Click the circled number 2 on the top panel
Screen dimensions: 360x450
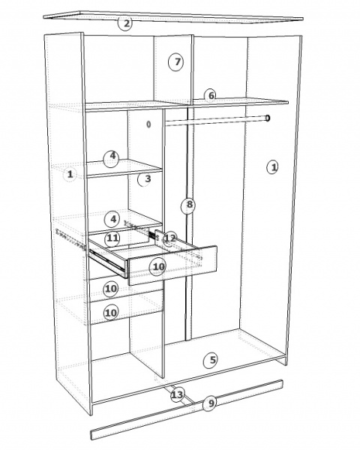pyautogui.click(x=125, y=23)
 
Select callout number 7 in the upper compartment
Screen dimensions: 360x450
pyautogui.click(x=176, y=62)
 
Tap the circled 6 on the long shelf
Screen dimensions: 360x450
pyautogui.click(x=211, y=96)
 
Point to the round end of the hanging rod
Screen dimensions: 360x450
pyautogui.click(x=268, y=118)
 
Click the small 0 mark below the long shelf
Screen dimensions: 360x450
pyautogui.click(x=148, y=124)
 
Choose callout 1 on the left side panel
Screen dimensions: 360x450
pyautogui.click(x=70, y=174)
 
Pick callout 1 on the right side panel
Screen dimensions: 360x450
pyautogui.click(x=273, y=167)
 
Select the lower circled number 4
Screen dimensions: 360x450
pyautogui.click(x=113, y=220)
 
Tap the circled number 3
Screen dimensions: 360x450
pyautogui.click(x=145, y=179)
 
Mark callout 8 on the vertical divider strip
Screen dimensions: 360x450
pyautogui.click(x=188, y=205)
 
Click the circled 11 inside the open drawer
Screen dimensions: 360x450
pyautogui.click(x=112, y=238)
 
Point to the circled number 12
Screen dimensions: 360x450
pyautogui.click(x=170, y=238)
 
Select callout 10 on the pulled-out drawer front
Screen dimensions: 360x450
pyautogui.click(x=157, y=268)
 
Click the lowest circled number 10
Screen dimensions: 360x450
pyautogui.click(x=111, y=313)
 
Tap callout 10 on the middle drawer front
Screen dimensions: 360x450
pyautogui.click(x=111, y=289)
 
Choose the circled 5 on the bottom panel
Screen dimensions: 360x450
pyautogui.click(x=211, y=361)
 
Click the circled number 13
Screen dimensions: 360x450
pyautogui.click(x=177, y=395)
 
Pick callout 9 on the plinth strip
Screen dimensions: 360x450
pyautogui.click(x=211, y=403)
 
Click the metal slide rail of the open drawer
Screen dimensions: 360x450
pyautogui.click(x=109, y=262)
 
